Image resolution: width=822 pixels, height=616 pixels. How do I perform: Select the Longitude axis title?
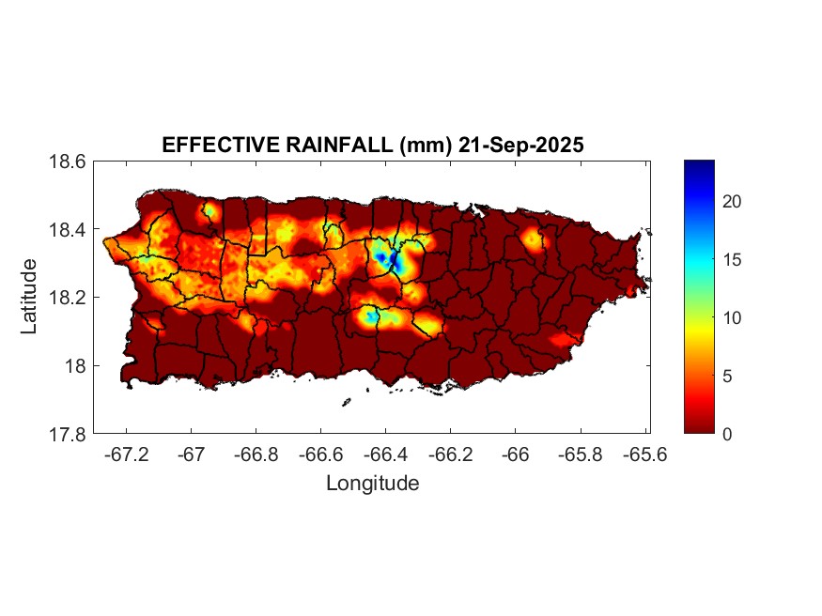372,484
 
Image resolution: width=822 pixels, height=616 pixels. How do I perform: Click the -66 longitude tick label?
515,454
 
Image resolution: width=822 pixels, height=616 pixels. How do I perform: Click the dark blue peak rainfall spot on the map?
381,255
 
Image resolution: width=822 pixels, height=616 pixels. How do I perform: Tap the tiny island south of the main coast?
346,403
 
